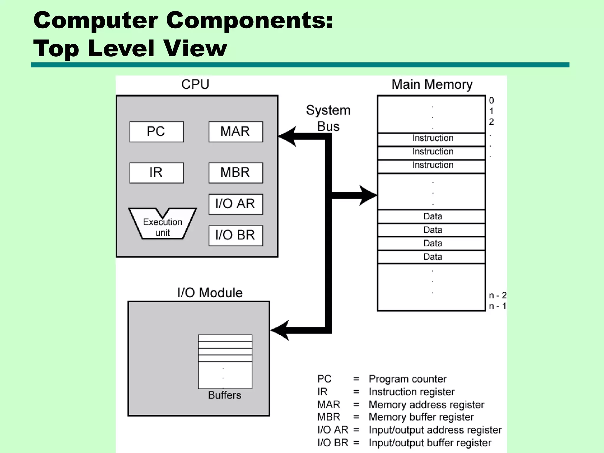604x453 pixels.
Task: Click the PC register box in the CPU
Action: click(x=157, y=132)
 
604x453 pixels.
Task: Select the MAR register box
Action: click(x=235, y=132)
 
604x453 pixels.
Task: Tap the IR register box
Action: click(x=157, y=173)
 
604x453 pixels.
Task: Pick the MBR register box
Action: click(x=235, y=173)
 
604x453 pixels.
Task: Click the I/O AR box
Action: click(x=235, y=204)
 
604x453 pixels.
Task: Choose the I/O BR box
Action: click(x=235, y=235)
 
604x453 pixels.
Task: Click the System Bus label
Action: click(x=328, y=118)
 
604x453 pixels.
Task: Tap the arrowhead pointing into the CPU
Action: click(x=288, y=136)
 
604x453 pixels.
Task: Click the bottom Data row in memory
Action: click(x=432, y=257)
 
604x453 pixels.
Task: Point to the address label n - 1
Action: click(x=497, y=306)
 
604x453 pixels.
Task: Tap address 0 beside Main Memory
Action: click(x=491, y=100)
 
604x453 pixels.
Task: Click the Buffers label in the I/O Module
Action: click(x=224, y=395)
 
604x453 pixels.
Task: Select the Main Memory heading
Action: click(x=432, y=84)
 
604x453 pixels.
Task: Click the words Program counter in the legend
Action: click(x=407, y=379)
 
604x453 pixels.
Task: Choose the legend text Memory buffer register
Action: click(x=421, y=417)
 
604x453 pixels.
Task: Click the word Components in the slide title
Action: click(x=250, y=21)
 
